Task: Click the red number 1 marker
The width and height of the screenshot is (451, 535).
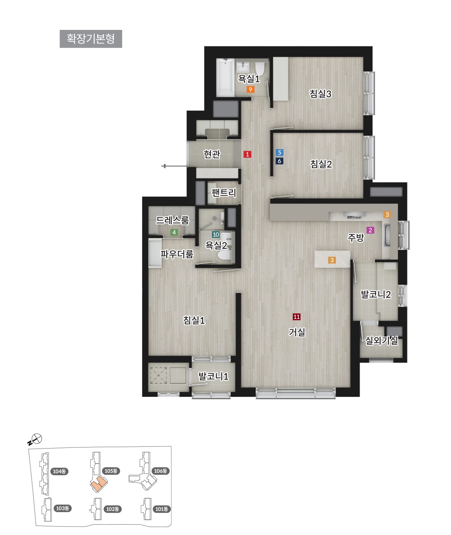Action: (247, 154)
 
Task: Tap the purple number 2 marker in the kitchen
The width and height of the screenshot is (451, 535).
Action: (370, 230)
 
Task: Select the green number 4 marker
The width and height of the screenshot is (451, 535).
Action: (174, 232)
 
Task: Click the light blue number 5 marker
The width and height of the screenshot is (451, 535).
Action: (280, 153)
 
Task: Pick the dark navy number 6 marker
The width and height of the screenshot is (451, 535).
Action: (280, 161)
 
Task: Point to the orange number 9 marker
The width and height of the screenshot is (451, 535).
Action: (250, 89)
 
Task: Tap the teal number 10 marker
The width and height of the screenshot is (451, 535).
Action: (216, 234)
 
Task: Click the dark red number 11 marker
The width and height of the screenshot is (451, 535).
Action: (297, 317)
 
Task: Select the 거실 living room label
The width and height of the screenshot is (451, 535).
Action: (297, 332)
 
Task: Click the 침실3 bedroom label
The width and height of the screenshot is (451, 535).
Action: (321, 94)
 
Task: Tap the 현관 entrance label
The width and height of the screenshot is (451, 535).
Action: (212, 154)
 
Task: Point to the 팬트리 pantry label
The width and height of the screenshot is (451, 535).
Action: (224, 193)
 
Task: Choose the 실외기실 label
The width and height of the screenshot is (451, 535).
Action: (381, 340)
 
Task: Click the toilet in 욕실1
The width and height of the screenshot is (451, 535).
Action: (259, 68)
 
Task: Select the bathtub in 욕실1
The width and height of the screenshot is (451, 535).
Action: (225, 77)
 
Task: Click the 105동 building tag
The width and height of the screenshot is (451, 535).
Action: (111, 471)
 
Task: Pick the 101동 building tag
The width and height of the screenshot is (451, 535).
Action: (162, 509)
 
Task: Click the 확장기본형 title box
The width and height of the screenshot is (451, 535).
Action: (91, 39)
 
